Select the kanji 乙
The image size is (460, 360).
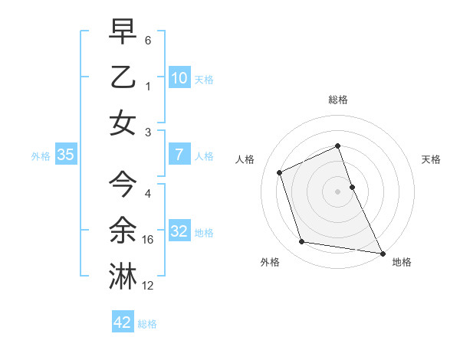pos(123,77)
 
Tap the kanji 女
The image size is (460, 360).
pos(123,123)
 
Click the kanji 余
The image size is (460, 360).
pos(123,230)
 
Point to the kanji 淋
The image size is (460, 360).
pos(123,276)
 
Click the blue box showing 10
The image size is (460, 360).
pos(179,77)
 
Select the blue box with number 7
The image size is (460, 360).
pos(179,155)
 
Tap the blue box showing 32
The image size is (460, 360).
pos(179,231)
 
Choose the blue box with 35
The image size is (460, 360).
pos(66,155)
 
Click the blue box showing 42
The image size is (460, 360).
pos(123,322)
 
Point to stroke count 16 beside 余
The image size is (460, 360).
pos(149,240)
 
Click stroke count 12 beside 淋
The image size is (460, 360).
pos(149,286)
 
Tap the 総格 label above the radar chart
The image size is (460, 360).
pos(338,100)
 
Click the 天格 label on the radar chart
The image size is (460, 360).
pos(432,159)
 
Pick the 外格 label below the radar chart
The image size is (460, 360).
pos(270,263)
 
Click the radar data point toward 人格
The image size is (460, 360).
pos(280,172)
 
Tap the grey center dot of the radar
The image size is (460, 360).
pos(338,191)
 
